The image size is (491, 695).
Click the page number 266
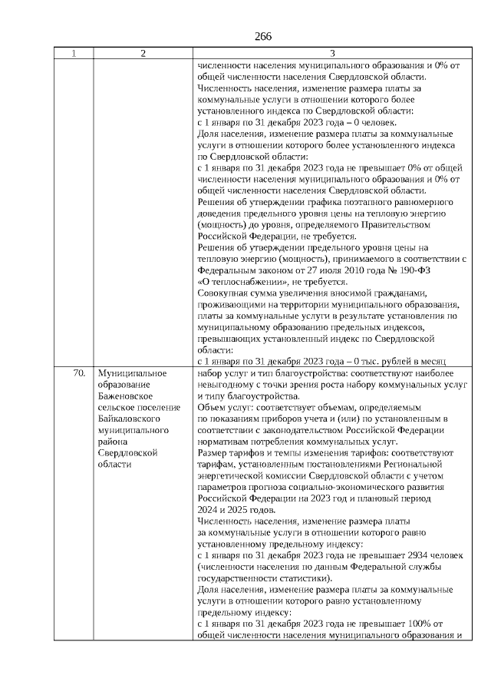(263, 37)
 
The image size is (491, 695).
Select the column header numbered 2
(143, 54)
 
